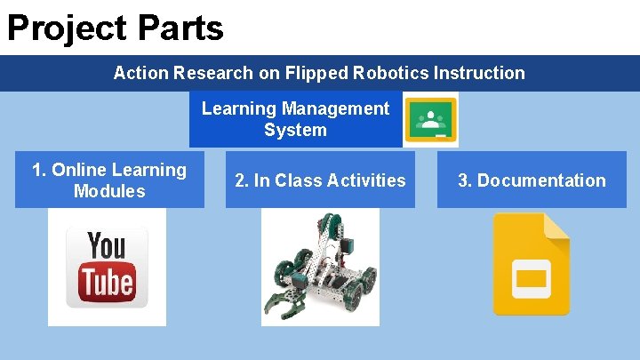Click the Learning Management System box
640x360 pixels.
tap(295, 119)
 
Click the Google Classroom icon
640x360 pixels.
tap(431, 119)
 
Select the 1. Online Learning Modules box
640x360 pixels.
tap(109, 180)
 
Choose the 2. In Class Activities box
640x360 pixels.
tap(320, 180)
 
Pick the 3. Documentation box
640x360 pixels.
tap(532, 180)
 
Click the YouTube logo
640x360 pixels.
tap(107, 267)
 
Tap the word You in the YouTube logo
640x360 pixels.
tap(107, 246)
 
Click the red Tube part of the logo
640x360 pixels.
tap(107, 282)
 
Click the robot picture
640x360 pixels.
tap(320, 267)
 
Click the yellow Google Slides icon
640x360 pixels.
tap(532, 264)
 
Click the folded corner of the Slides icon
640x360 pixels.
tap(557, 226)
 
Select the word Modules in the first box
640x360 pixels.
tap(109, 191)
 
